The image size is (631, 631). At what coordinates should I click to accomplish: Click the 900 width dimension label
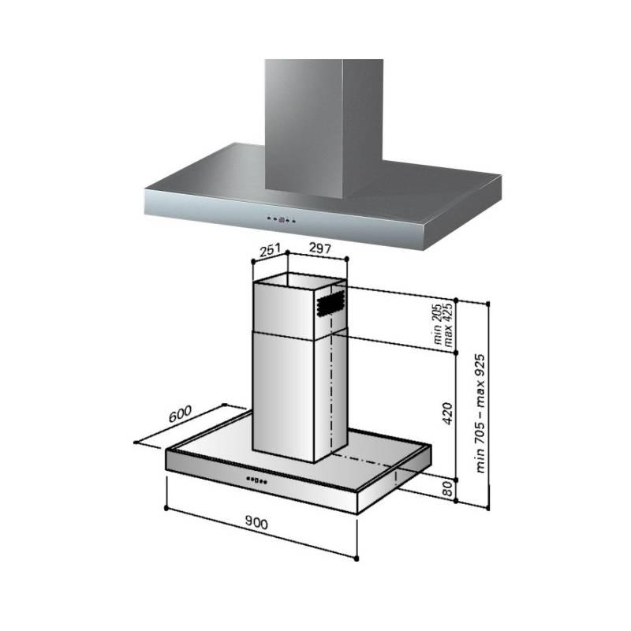pos(256,522)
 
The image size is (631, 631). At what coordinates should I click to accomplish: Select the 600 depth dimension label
pos(180,415)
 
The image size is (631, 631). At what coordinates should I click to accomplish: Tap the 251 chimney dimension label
pos(270,250)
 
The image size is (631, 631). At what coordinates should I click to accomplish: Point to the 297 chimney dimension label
pos(320,248)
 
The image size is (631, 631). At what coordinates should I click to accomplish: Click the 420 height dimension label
pos(447,413)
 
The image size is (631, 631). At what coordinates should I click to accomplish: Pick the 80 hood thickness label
pos(447,489)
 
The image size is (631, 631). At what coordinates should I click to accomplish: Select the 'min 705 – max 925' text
pos(480,413)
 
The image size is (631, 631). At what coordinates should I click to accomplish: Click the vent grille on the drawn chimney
pos(330,304)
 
